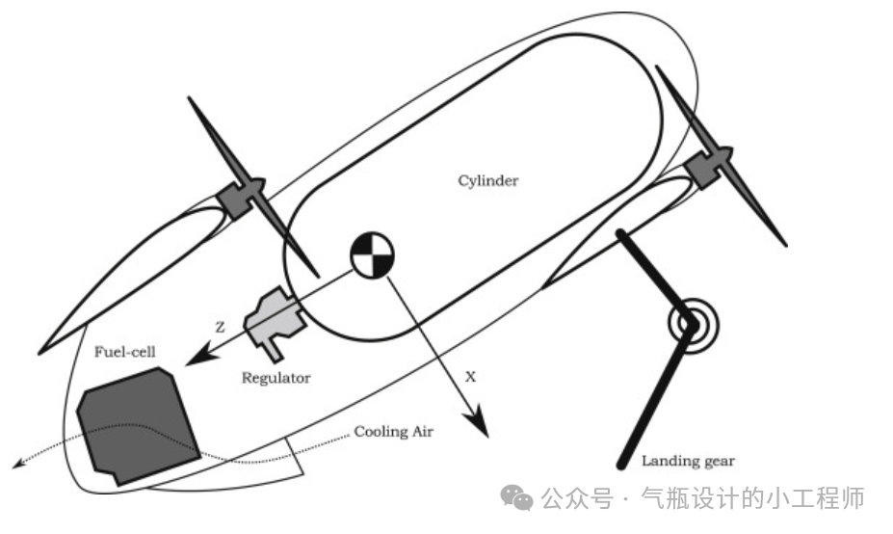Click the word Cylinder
click(488, 181)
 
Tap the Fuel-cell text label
click(124, 352)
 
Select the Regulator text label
click(276, 379)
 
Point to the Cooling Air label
click(394, 432)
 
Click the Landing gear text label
click(688, 461)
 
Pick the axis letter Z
click(220, 327)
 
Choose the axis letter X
click(470, 377)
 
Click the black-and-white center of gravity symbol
click(372, 254)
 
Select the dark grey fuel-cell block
click(137, 424)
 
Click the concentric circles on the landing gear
click(693, 325)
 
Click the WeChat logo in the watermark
click(516, 497)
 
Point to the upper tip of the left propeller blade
click(190, 99)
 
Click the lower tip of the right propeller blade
click(785, 244)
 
